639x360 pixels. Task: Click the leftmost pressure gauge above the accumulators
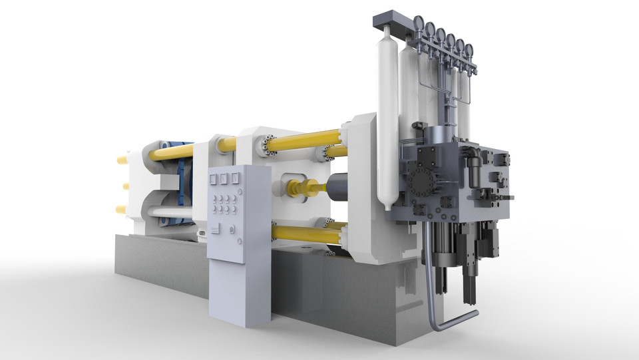click(419, 23)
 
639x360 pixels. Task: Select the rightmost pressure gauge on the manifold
click(469, 49)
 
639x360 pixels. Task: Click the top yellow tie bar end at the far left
click(122, 160)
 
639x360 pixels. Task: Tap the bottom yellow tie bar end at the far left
click(121, 210)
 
